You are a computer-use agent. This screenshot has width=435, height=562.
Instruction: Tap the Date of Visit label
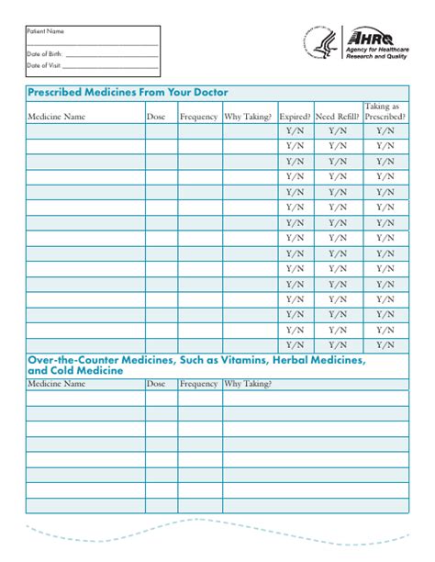[x=43, y=66]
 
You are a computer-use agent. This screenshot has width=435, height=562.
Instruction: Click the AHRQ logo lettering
[x=369, y=38]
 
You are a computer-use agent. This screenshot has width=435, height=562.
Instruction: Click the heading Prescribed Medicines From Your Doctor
[x=128, y=93]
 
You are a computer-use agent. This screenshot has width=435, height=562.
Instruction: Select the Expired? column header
[x=295, y=118]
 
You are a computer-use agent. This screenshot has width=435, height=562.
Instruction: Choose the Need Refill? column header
[x=338, y=118]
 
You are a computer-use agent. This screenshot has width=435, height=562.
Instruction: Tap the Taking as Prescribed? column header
[x=385, y=112]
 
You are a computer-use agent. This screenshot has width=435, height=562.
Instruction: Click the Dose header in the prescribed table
[x=156, y=118]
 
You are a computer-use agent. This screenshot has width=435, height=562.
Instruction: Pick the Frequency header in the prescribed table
[x=199, y=118]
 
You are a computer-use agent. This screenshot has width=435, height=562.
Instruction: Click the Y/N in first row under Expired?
[x=295, y=131]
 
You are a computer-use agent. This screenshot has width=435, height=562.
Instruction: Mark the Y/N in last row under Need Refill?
[x=338, y=345]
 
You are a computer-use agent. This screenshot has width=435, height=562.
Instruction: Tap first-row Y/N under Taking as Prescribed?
[x=385, y=131]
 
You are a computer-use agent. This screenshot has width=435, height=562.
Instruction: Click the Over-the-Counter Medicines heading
[x=197, y=365]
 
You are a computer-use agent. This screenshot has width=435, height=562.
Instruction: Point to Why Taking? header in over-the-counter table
[x=248, y=385]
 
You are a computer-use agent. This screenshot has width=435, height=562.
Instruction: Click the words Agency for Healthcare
[x=377, y=49]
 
